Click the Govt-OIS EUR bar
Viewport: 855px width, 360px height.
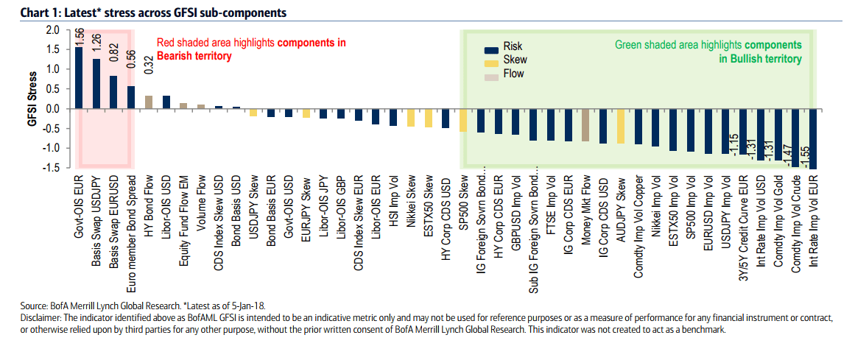(79, 77)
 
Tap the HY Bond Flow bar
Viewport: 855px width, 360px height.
(148, 102)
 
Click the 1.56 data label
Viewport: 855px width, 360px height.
(79, 38)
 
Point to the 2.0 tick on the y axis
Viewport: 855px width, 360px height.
(52, 30)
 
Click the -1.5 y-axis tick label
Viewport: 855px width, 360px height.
(51, 168)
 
